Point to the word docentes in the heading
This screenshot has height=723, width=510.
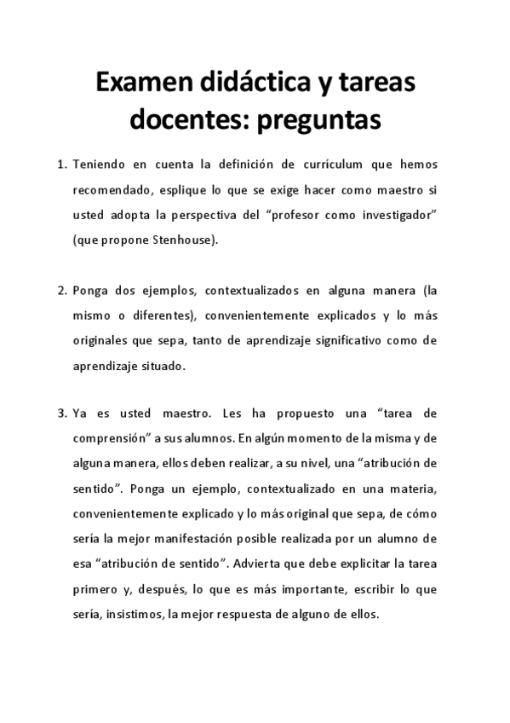(x=179, y=120)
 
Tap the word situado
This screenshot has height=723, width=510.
(x=162, y=367)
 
